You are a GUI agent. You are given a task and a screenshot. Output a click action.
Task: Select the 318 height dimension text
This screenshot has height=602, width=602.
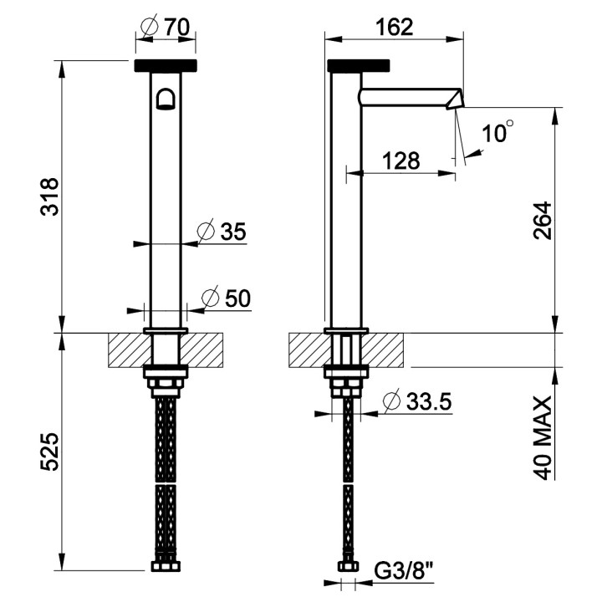(50, 197)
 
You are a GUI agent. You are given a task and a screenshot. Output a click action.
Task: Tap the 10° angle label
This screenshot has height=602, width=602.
(498, 131)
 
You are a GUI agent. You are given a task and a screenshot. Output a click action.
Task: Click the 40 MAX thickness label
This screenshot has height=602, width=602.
(543, 437)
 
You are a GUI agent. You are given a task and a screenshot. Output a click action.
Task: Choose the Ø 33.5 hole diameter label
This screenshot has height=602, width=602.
(416, 401)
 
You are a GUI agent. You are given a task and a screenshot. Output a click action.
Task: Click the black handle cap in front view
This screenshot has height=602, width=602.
(166, 65)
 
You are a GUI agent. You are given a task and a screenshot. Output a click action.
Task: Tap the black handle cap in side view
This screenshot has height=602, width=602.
(360, 65)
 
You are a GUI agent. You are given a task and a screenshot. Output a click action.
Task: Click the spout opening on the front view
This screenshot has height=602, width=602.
(166, 99)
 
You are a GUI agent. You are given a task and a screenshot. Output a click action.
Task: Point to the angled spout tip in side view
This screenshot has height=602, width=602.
(454, 99)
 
